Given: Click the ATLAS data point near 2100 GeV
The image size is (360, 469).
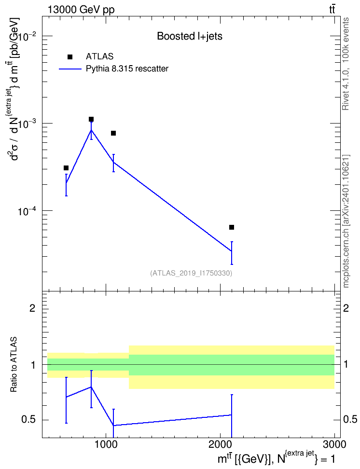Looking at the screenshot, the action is [x=231, y=227].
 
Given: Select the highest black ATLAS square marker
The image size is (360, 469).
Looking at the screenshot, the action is [x=91, y=119].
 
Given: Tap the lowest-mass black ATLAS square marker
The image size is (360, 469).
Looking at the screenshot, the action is [x=66, y=168].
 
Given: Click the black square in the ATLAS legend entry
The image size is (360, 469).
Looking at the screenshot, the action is [x=70, y=57].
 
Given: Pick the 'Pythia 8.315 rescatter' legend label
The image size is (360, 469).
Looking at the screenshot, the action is [x=127, y=69].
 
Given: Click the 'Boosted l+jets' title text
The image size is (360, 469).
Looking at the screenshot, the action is [x=190, y=36].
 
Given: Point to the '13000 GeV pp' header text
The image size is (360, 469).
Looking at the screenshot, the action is [x=81, y=10].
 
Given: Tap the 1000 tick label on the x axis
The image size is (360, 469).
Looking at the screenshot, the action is [x=106, y=444].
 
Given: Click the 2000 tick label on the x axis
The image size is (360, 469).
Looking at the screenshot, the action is [x=220, y=444].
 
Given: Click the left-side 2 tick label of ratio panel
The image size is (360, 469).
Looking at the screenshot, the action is [x=32, y=308].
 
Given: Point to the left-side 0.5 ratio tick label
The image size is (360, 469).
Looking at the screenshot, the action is [x=28, y=420].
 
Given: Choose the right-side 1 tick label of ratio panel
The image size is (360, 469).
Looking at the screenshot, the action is [x=346, y=365].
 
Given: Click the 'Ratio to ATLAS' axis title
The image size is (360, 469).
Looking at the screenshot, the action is [x=14, y=365].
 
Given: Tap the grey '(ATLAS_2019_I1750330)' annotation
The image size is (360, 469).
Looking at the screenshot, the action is [x=191, y=273].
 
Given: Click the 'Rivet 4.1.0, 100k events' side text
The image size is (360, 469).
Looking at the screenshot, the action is [x=346, y=64].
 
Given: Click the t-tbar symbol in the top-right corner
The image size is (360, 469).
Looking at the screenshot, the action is [x=332, y=10].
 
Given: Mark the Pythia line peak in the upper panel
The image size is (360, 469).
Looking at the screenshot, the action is [x=91, y=130].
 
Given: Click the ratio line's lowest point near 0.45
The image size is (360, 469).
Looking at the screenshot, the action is [x=113, y=425].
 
